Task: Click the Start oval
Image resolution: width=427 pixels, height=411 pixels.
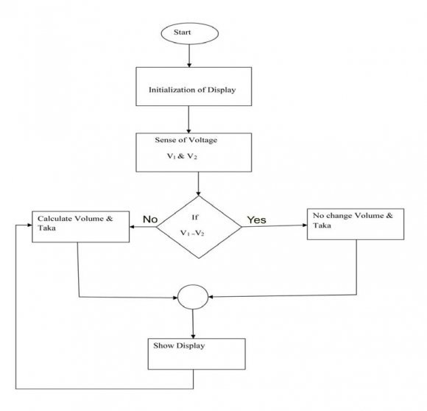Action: [190, 33]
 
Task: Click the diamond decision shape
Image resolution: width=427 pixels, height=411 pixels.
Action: [199, 226]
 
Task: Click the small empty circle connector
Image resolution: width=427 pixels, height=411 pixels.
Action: [193, 298]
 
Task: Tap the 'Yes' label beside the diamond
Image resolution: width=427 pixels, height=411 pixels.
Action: [257, 219]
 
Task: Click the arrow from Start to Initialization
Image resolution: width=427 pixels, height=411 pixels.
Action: [190, 55]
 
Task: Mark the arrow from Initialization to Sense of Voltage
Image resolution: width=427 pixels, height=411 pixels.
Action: [190, 118]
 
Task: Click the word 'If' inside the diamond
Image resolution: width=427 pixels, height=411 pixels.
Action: [194, 218]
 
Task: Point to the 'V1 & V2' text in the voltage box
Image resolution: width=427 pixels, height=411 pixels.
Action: [181, 156]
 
